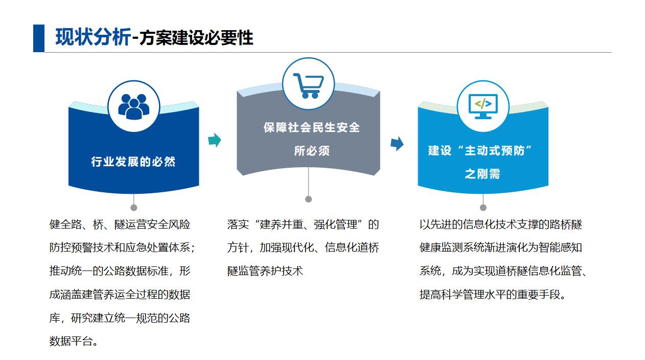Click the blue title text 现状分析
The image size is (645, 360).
click(93, 37)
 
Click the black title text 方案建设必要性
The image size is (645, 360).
click(196, 38)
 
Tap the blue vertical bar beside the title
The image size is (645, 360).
click(39, 38)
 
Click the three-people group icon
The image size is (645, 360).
click(133, 106)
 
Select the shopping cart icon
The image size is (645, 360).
click(308, 85)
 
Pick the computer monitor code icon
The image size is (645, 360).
click(483, 106)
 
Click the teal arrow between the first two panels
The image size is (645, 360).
click(215, 140)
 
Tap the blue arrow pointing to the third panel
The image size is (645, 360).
click(397, 143)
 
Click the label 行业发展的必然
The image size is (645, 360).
click(133, 162)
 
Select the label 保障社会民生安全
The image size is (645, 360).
click(312, 127)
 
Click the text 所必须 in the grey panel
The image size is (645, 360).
click(312, 151)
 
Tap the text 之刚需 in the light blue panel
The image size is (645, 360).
click(482, 174)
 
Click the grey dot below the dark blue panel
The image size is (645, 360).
click(133, 208)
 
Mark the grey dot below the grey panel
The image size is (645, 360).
click(308, 199)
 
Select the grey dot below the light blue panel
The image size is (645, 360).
click(483, 208)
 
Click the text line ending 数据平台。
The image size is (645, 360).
click(74, 341)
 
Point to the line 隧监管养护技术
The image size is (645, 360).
click(265, 271)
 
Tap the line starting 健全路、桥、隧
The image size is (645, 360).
click(120, 224)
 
